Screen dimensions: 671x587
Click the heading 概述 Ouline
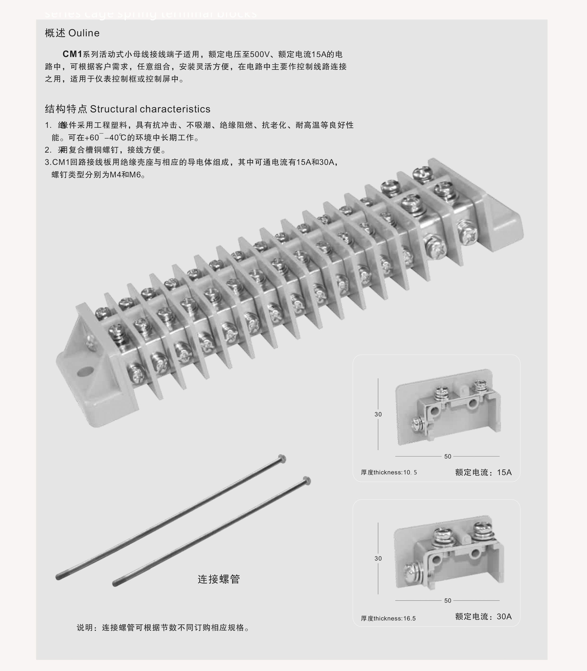(x=72, y=33)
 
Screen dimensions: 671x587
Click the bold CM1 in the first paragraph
(x=72, y=54)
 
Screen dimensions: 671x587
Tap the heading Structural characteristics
(x=150, y=109)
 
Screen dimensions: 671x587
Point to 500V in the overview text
(x=259, y=54)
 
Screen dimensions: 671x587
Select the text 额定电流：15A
(x=483, y=472)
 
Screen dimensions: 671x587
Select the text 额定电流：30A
(x=483, y=616)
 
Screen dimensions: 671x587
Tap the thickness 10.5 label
(x=389, y=472)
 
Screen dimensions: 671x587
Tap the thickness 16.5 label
(x=388, y=618)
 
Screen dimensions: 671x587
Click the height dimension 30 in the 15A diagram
(x=378, y=414)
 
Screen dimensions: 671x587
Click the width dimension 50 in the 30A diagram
(x=447, y=600)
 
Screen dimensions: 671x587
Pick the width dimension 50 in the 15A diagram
(x=447, y=456)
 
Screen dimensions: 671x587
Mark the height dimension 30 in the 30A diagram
(x=378, y=558)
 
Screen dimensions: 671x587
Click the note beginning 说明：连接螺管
(x=163, y=627)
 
